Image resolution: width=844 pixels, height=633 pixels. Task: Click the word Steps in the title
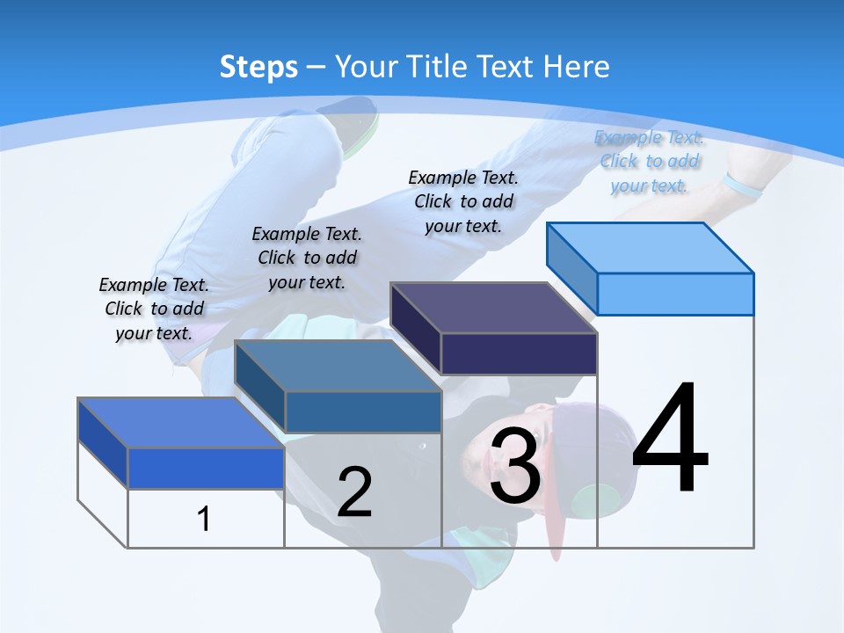coord(258,67)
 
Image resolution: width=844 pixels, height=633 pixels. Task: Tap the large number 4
coord(670,440)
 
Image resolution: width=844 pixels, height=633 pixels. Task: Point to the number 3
coord(515,467)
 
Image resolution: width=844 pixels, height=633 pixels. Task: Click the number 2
coord(354,492)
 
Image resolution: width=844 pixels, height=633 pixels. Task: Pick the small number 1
coord(204,519)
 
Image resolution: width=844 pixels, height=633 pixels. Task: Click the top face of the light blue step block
coord(651,247)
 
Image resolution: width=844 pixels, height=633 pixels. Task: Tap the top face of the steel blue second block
coord(338,366)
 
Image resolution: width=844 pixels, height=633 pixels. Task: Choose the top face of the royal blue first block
coord(181,423)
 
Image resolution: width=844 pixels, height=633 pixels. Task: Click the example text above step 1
coord(154,309)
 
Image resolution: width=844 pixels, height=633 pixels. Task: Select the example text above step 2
coord(307,258)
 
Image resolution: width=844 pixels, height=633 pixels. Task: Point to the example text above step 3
coord(463,201)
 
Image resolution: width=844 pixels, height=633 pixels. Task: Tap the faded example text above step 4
coord(650,161)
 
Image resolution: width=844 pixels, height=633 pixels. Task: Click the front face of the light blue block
coord(675,294)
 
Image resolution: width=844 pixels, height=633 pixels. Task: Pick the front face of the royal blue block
coord(206,468)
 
